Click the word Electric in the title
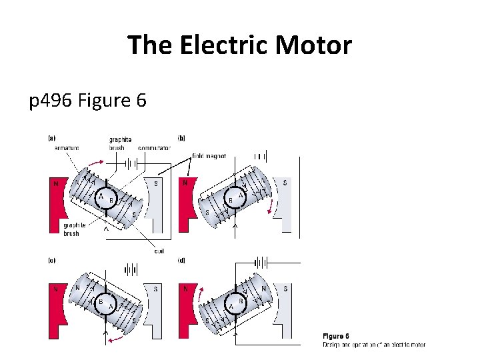(219, 45)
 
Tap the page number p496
(51, 101)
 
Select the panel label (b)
(181, 139)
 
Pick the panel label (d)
(181, 261)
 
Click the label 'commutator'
(154, 147)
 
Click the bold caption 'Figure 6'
(337, 336)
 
